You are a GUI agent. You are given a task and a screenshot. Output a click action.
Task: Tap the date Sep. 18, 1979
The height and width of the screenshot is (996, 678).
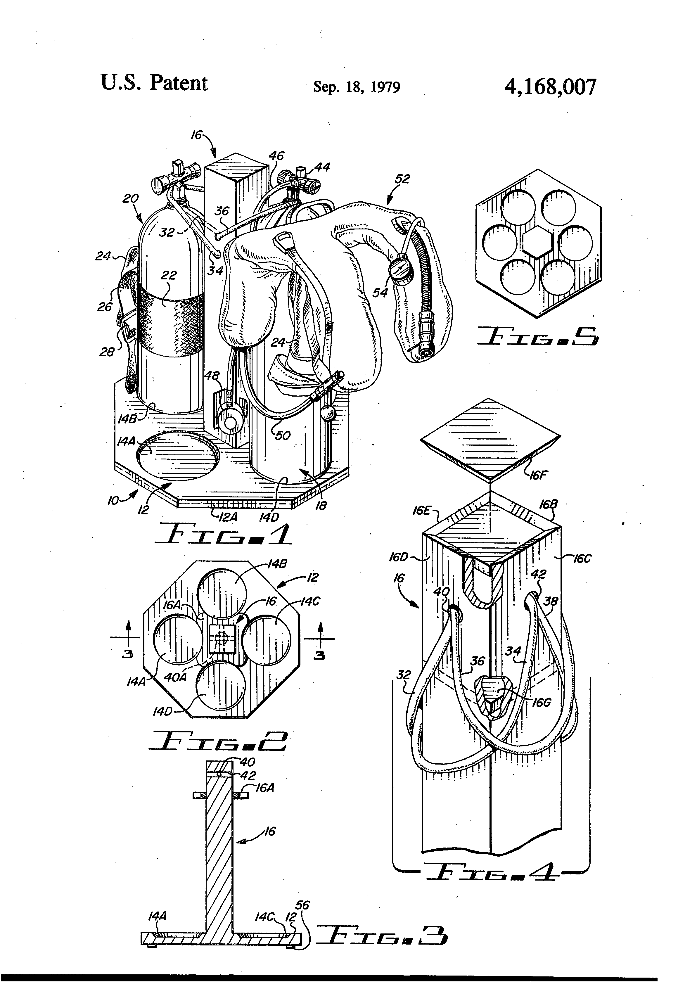point(357,87)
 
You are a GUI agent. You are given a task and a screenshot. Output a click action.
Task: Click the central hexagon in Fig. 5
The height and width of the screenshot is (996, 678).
point(537,242)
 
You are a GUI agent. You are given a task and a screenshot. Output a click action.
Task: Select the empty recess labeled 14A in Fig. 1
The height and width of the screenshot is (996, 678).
point(178,456)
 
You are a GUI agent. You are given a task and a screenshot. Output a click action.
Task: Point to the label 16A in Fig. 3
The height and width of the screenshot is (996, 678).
point(265,788)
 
